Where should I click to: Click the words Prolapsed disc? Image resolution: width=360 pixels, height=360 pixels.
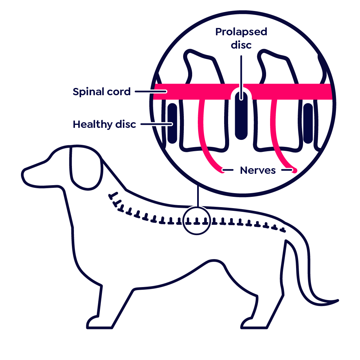click(x=241, y=38)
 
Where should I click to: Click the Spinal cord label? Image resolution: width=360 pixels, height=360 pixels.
click(x=102, y=92)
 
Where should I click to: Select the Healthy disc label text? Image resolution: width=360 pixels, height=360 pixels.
click(x=104, y=124)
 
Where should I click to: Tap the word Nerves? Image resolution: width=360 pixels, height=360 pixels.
click(x=258, y=170)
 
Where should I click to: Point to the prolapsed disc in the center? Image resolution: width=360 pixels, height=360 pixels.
click(x=241, y=115)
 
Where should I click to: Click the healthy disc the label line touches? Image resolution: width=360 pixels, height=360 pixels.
click(x=172, y=123)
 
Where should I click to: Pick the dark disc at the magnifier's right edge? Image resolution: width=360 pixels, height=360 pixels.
click(x=308, y=123)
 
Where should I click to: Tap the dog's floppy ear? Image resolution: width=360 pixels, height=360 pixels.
click(x=86, y=168)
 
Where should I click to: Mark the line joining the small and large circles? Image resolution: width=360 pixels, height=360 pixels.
click(x=198, y=196)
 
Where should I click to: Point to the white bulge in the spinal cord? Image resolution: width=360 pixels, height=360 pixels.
click(x=241, y=89)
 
